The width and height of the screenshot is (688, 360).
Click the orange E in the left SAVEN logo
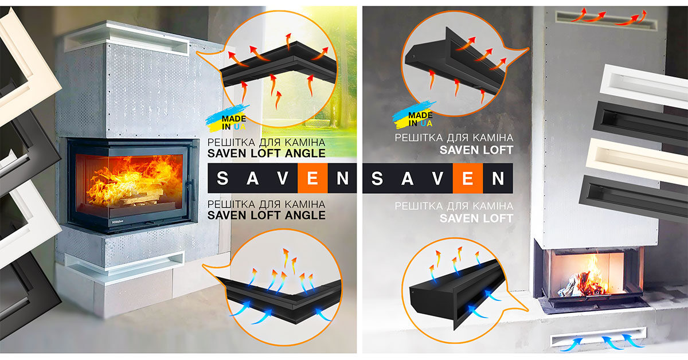[x=312, y=178]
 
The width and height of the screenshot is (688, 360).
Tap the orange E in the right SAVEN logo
[x=467, y=178]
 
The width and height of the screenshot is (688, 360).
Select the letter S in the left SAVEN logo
[x=222, y=178]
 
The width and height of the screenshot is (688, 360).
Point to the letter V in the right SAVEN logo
[x=438, y=178]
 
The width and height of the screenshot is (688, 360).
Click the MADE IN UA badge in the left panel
[x=227, y=119]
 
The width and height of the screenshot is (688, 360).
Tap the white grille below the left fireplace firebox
[x=124, y=263]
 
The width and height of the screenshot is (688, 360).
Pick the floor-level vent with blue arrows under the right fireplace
[x=599, y=337]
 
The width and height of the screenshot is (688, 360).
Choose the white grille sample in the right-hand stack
[x=644, y=87]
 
